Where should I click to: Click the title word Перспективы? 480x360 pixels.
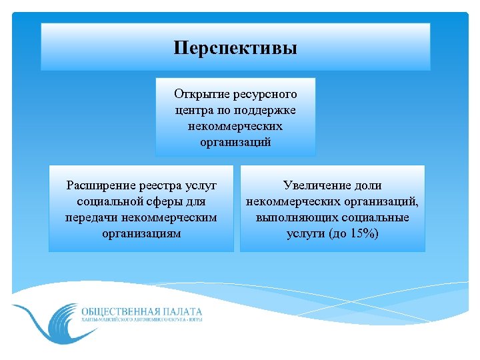pyautogui.click(x=235, y=49)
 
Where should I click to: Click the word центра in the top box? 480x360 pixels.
pyautogui.click(x=192, y=110)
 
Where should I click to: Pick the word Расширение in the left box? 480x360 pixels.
pyautogui.click(x=99, y=185)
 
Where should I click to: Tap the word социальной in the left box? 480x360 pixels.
pyautogui.click(x=107, y=201)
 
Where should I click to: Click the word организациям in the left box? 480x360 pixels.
pyautogui.click(x=141, y=233)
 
